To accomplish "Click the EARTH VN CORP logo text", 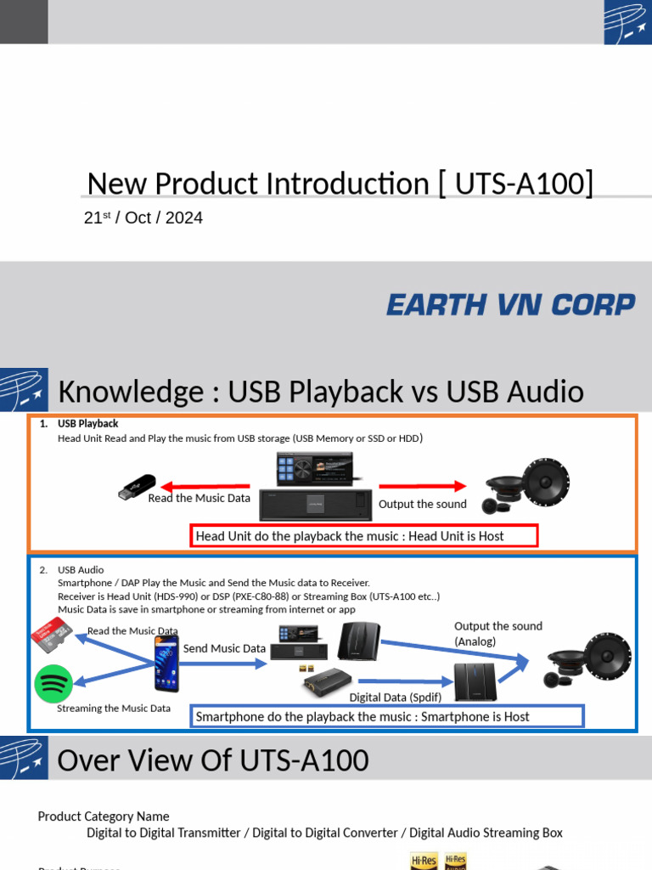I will pyautogui.click(x=510, y=305).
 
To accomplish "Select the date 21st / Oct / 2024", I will pyautogui.click(x=143, y=218).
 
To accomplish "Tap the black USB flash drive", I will pyautogui.click(x=137, y=488).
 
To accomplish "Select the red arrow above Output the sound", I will pyautogui.click(x=423, y=486).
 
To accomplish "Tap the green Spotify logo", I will pyautogui.click(x=53, y=684).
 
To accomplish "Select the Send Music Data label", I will pyautogui.click(x=224, y=648).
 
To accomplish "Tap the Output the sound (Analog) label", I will pyautogui.click(x=497, y=634).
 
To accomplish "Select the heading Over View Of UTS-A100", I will pyautogui.click(x=212, y=760).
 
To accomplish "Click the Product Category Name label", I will pyautogui.click(x=104, y=816).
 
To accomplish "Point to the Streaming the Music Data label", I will pyautogui.click(x=114, y=708).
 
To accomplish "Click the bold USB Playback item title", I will pyautogui.click(x=87, y=423).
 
